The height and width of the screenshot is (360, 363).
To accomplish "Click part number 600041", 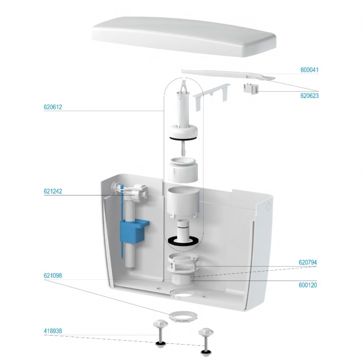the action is click(x=309, y=70).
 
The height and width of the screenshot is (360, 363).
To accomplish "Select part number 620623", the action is click(x=309, y=96).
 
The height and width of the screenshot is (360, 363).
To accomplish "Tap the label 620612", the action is click(x=53, y=107).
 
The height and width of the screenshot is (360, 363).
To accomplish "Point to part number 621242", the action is click(x=53, y=191).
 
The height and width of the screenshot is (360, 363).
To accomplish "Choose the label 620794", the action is click(x=308, y=262).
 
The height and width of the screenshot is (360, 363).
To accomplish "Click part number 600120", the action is click(x=308, y=285).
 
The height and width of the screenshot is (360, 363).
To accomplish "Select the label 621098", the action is click(x=53, y=275).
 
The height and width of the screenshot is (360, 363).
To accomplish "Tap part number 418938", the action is click(x=53, y=331).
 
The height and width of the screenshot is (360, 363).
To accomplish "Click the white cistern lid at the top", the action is click(x=184, y=36).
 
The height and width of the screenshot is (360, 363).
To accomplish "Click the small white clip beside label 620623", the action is click(x=250, y=89).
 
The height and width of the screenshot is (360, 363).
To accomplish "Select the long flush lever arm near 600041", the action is click(x=228, y=74).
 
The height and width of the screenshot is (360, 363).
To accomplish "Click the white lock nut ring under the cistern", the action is click(x=183, y=316).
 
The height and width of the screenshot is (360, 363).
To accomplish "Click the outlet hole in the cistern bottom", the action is click(x=183, y=293).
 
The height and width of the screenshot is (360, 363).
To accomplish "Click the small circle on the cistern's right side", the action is click(x=269, y=207).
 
